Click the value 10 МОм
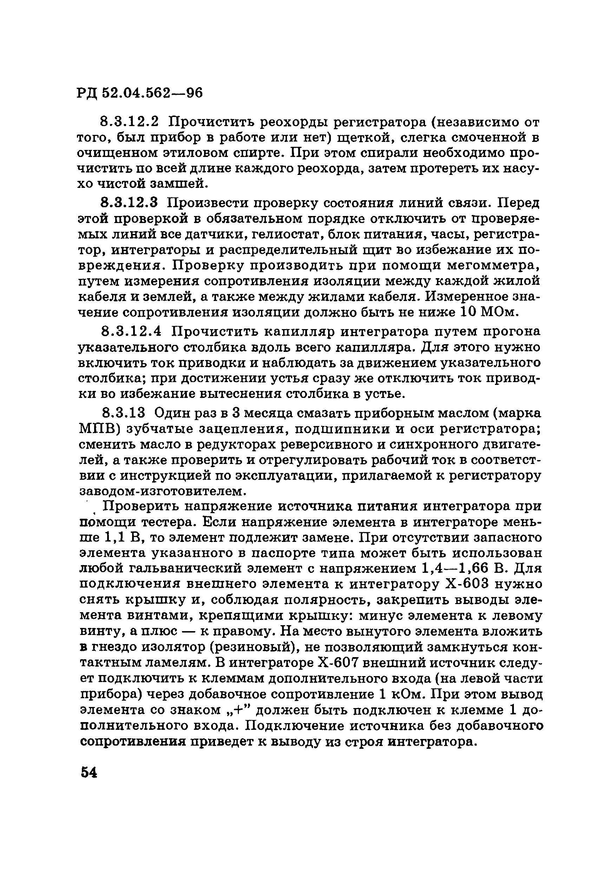488,312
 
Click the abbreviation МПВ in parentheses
99,429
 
